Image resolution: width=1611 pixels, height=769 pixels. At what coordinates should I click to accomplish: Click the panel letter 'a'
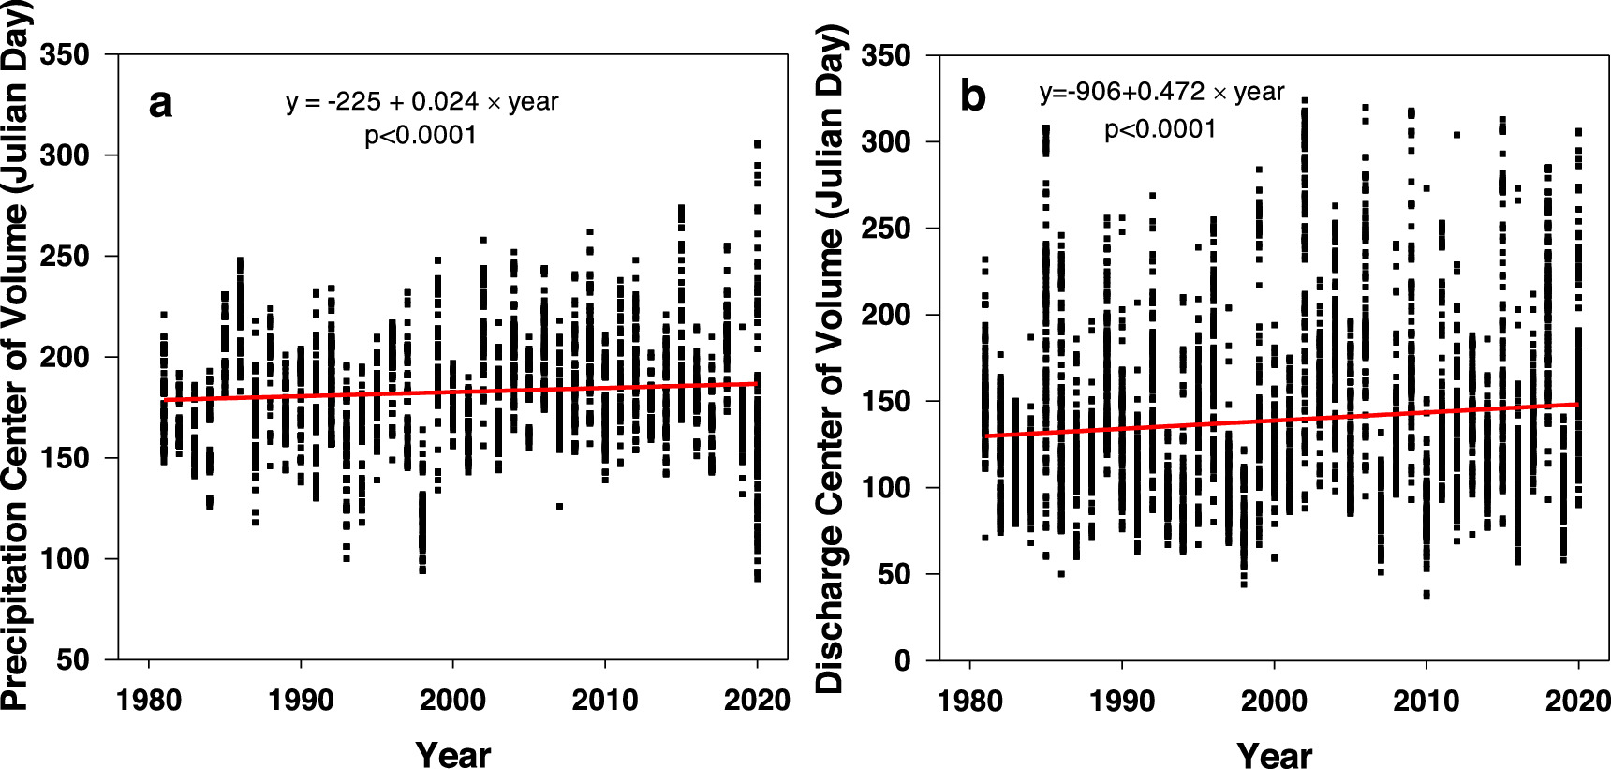click(160, 104)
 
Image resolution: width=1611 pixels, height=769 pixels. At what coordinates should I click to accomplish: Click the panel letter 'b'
click(973, 96)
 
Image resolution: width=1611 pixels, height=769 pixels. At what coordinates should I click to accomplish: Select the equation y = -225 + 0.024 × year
click(421, 101)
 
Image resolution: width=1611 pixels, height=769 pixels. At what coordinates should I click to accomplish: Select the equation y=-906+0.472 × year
click(1161, 92)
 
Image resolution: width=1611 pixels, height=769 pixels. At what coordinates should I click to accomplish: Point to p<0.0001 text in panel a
click(421, 136)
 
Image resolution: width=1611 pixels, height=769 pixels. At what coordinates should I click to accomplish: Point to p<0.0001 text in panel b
click(1160, 128)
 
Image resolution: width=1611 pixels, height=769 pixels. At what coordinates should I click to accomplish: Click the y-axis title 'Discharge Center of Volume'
click(830, 356)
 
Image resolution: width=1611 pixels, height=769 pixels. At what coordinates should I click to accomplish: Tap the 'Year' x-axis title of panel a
click(452, 754)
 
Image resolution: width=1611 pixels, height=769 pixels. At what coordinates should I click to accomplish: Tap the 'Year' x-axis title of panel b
click(1274, 754)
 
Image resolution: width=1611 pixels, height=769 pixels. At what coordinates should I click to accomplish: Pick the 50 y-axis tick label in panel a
click(73, 660)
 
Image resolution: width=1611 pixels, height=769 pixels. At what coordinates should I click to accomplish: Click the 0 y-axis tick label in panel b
click(902, 661)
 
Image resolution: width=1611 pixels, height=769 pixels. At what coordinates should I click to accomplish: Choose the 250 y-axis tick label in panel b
click(886, 229)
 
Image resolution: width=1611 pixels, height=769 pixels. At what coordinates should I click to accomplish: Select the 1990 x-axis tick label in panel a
click(300, 701)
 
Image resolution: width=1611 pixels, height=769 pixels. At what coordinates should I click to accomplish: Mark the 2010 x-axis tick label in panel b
click(1426, 701)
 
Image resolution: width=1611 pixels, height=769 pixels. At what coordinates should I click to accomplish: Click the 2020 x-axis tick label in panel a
click(757, 701)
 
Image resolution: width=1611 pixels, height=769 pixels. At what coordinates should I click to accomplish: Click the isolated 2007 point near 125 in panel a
click(559, 506)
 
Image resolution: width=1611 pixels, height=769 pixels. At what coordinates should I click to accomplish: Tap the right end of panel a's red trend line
click(757, 383)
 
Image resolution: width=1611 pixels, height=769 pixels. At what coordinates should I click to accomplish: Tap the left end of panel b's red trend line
click(986, 436)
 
